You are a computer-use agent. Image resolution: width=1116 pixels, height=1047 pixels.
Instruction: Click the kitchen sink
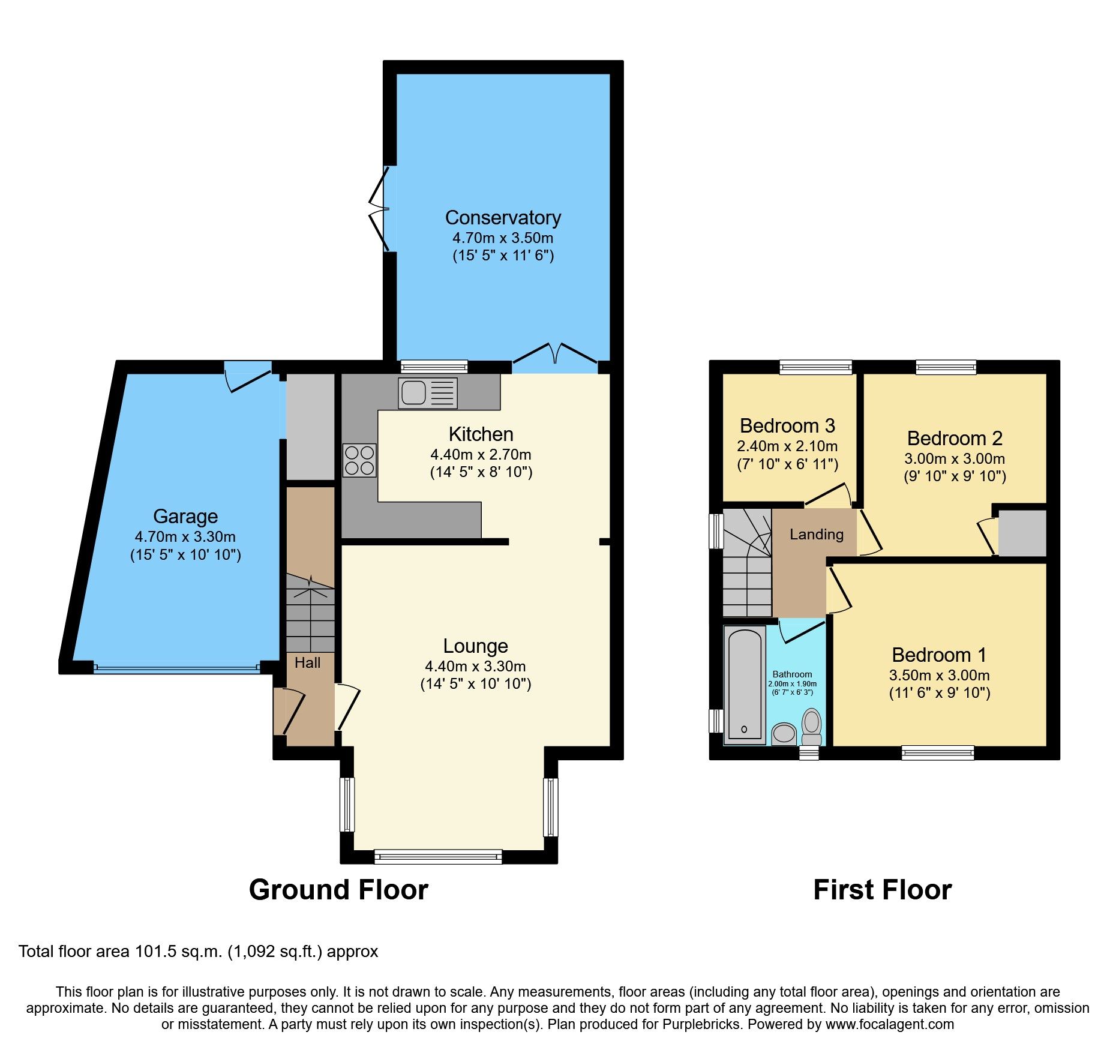[428, 393]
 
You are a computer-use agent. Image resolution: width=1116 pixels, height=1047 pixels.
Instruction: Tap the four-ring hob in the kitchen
[359, 460]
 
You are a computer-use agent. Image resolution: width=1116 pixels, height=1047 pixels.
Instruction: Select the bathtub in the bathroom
[745, 685]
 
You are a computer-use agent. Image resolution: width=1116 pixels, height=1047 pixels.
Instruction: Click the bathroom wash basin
[784, 734]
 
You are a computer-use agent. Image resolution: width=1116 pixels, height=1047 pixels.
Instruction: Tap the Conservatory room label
[503, 217]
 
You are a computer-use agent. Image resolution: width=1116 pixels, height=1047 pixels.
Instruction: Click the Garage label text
[185, 517]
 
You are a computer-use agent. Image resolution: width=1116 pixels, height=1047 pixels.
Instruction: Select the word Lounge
[476, 646]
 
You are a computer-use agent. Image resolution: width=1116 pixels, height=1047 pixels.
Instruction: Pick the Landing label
[817, 535]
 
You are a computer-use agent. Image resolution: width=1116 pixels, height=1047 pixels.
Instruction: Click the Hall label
[308, 663]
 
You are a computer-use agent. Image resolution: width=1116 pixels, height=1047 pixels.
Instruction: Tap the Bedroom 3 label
[787, 426]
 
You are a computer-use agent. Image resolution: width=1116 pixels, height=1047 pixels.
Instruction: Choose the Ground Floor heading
[338, 890]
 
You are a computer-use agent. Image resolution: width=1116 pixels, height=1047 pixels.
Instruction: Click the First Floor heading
[883, 890]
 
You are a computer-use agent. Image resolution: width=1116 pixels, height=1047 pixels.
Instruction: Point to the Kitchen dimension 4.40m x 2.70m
[481, 455]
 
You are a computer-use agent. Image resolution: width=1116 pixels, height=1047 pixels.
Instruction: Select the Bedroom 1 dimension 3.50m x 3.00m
[940, 676]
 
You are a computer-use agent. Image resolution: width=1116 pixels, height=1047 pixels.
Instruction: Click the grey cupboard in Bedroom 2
[1022, 533]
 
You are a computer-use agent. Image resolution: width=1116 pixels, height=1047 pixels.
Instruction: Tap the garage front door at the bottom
[177, 667]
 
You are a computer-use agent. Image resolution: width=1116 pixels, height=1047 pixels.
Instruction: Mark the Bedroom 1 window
[938, 752]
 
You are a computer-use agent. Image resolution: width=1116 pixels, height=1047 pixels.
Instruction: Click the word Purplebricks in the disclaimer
[701, 1024]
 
